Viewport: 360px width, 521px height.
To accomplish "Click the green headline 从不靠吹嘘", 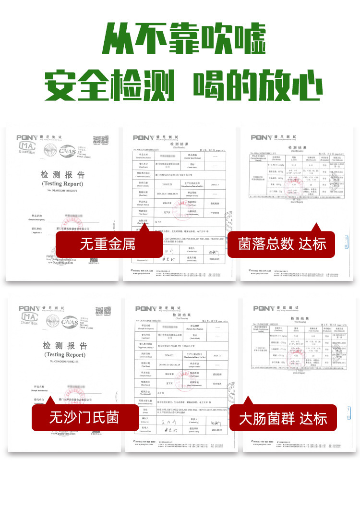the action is (185, 38).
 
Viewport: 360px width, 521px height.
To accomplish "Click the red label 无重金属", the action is (108, 244).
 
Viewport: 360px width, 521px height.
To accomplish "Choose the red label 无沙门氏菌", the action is (84, 417).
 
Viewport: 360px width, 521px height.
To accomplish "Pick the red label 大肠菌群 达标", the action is (283, 418).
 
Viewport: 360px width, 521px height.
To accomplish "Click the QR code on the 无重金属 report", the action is (100, 140).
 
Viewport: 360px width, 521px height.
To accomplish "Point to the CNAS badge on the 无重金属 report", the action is (68, 151).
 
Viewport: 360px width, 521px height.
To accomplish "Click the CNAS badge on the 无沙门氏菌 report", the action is (70, 321).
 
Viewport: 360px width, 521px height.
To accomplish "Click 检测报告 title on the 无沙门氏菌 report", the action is (64, 346).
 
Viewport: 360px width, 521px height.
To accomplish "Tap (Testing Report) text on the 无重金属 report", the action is (62, 183).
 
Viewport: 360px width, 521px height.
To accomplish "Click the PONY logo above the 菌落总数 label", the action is (261, 138).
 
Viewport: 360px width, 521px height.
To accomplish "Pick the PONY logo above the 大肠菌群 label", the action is (264, 308).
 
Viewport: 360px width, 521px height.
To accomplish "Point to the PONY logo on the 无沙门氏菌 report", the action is (29, 308).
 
